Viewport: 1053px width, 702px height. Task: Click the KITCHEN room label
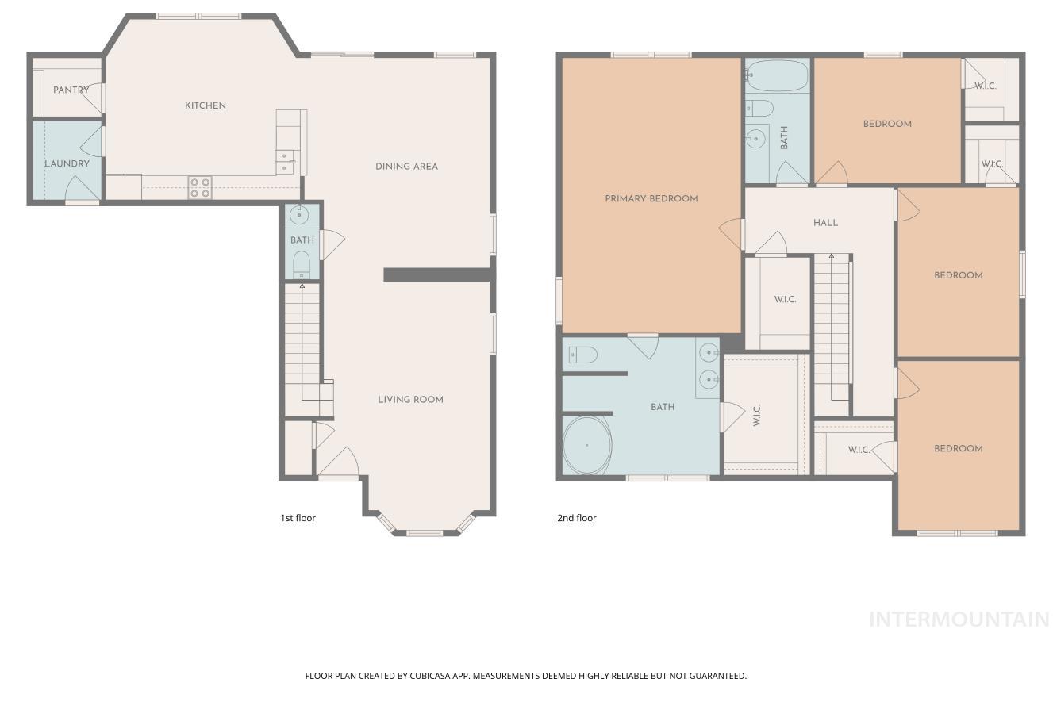(x=206, y=105)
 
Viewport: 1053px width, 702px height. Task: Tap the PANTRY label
(x=71, y=90)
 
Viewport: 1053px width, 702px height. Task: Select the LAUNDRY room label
(x=67, y=164)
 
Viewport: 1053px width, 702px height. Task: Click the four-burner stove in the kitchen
(x=200, y=187)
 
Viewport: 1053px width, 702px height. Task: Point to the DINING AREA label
(x=406, y=167)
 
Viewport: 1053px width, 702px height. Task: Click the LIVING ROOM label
(x=410, y=400)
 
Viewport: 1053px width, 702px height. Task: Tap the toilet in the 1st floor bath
(x=302, y=263)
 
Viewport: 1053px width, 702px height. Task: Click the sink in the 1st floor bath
(x=301, y=214)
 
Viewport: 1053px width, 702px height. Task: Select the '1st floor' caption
(x=298, y=518)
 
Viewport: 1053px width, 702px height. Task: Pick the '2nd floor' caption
(x=576, y=518)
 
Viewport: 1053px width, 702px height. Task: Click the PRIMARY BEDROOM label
(x=651, y=199)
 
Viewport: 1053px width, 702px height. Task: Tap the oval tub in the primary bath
(x=587, y=446)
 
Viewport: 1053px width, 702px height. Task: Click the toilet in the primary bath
(x=582, y=355)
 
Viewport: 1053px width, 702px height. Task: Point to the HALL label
(x=825, y=223)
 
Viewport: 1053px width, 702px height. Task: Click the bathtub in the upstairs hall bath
(x=777, y=77)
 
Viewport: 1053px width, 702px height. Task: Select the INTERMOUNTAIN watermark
(x=959, y=620)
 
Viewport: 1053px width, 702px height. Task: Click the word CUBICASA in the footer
(x=432, y=676)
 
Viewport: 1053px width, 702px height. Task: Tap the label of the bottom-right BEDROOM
(x=958, y=449)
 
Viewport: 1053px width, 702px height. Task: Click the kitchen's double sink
(x=284, y=162)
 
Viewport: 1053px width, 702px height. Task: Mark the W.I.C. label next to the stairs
(x=785, y=300)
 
